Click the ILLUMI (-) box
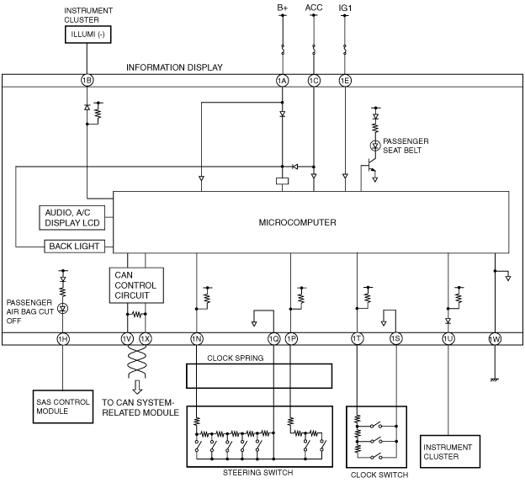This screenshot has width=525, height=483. tap(87, 34)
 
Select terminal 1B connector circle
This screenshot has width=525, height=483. tap(87, 81)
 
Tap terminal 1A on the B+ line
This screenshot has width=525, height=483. tap(282, 81)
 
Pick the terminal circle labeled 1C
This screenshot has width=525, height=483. tap(314, 81)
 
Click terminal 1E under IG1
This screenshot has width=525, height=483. tap(345, 81)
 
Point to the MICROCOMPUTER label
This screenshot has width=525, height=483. tap(297, 222)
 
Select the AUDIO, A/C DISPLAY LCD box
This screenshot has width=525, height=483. tap(72, 218)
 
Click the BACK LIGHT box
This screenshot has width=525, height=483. tap(74, 247)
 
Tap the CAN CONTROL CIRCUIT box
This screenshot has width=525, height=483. tap(136, 285)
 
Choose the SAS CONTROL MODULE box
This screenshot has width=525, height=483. tap(63, 406)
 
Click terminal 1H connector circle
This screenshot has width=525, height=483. tap(62, 339)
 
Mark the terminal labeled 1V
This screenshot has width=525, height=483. tap(127, 339)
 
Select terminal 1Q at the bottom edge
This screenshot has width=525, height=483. tap(274, 339)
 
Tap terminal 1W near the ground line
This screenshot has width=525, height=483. tap(495, 339)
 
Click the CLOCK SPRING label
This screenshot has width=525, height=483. tap(236, 358)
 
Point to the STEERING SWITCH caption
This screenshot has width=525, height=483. tap(258, 473)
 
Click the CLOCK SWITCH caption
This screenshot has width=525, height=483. tap(379, 475)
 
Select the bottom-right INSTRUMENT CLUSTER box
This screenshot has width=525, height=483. tap(450, 452)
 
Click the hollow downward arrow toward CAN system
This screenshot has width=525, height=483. tap(137, 387)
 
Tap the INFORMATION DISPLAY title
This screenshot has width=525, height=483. tap(174, 67)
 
